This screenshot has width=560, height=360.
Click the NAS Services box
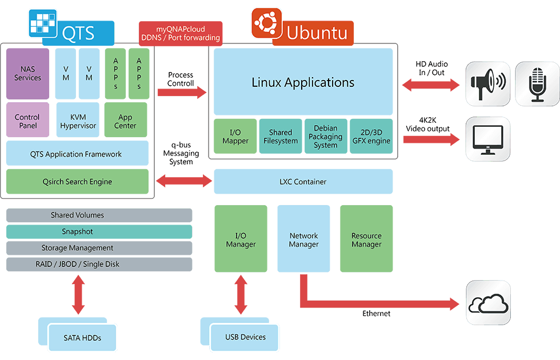click(28, 74)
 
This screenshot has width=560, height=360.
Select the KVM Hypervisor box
click(78, 120)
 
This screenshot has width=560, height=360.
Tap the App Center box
click(126, 120)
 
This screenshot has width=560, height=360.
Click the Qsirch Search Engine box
click(77, 182)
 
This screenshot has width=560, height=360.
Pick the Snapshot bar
click(99, 231)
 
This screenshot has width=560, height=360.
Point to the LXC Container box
click(303, 182)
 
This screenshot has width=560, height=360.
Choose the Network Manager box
click(303, 239)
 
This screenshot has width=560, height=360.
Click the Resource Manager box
click(366, 239)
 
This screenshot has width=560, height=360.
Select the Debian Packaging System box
click(326, 137)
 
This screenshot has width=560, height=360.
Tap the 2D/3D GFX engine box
click(371, 137)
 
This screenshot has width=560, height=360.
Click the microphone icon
click(537, 84)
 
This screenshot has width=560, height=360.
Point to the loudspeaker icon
click(487, 84)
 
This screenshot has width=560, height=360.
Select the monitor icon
click(487, 139)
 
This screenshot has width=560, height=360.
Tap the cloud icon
click(488, 303)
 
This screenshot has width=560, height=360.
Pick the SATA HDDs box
click(82, 338)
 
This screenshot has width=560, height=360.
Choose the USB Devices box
click(245, 337)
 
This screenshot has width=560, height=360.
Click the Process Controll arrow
click(182, 91)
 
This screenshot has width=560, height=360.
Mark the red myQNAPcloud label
click(180, 34)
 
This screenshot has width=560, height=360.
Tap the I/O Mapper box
click(235, 137)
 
